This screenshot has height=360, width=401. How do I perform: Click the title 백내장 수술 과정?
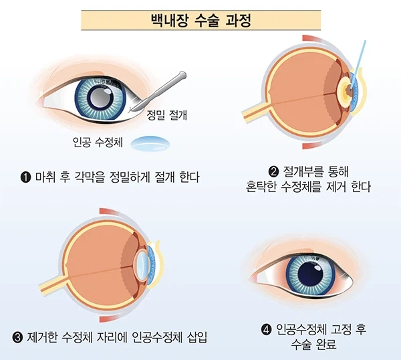coord(200,21)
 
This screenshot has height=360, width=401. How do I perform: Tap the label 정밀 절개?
coord(166,115)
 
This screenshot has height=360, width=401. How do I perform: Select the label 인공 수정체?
coord(98,142)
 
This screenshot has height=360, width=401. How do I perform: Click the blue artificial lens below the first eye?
coord(150,143)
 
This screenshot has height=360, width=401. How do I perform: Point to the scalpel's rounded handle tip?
coord(182,75)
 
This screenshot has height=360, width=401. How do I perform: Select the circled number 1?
coord(25,177)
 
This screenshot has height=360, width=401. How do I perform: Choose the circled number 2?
coord(274,171)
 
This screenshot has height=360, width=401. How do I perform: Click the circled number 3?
coord(17,338)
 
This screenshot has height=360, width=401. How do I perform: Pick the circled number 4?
coord(267,329)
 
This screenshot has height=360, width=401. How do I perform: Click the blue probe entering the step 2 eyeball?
coord(358,66)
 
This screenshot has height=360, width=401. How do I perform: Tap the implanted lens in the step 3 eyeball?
coord(142,265)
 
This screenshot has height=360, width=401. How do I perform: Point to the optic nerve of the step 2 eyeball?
coord(255,112)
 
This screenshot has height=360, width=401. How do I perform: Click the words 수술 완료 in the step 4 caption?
coord(313,345)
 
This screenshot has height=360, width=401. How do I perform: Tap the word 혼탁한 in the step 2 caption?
coord(261,187)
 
